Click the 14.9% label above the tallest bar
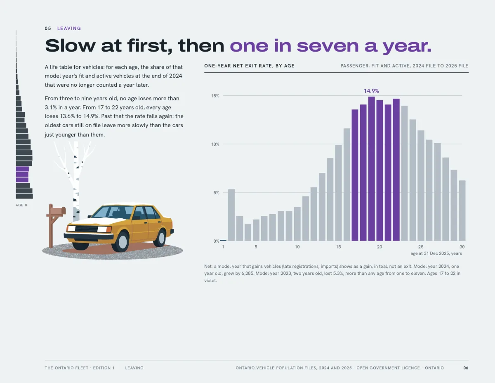click(x=371, y=91)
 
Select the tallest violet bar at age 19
click(x=372, y=169)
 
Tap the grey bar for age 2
click(x=231, y=215)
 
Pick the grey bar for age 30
click(x=462, y=210)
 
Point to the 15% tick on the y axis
click(x=215, y=96)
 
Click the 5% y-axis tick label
click(x=216, y=193)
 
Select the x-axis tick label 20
click(x=379, y=247)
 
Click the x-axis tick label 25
click(x=421, y=247)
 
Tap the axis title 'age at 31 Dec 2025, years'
click(x=436, y=253)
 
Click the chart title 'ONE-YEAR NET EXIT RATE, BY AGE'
click(x=250, y=66)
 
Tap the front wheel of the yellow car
click(x=123, y=241)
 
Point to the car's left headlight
click(x=71, y=228)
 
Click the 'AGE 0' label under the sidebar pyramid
click(x=21, y=205)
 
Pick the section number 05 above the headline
click(x=48, y=28)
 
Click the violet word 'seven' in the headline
click(x=328, y=46)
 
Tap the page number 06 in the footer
click(x=466, y=368)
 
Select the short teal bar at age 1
click(x=223, y=240)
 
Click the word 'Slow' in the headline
click(x=71, y=45)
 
